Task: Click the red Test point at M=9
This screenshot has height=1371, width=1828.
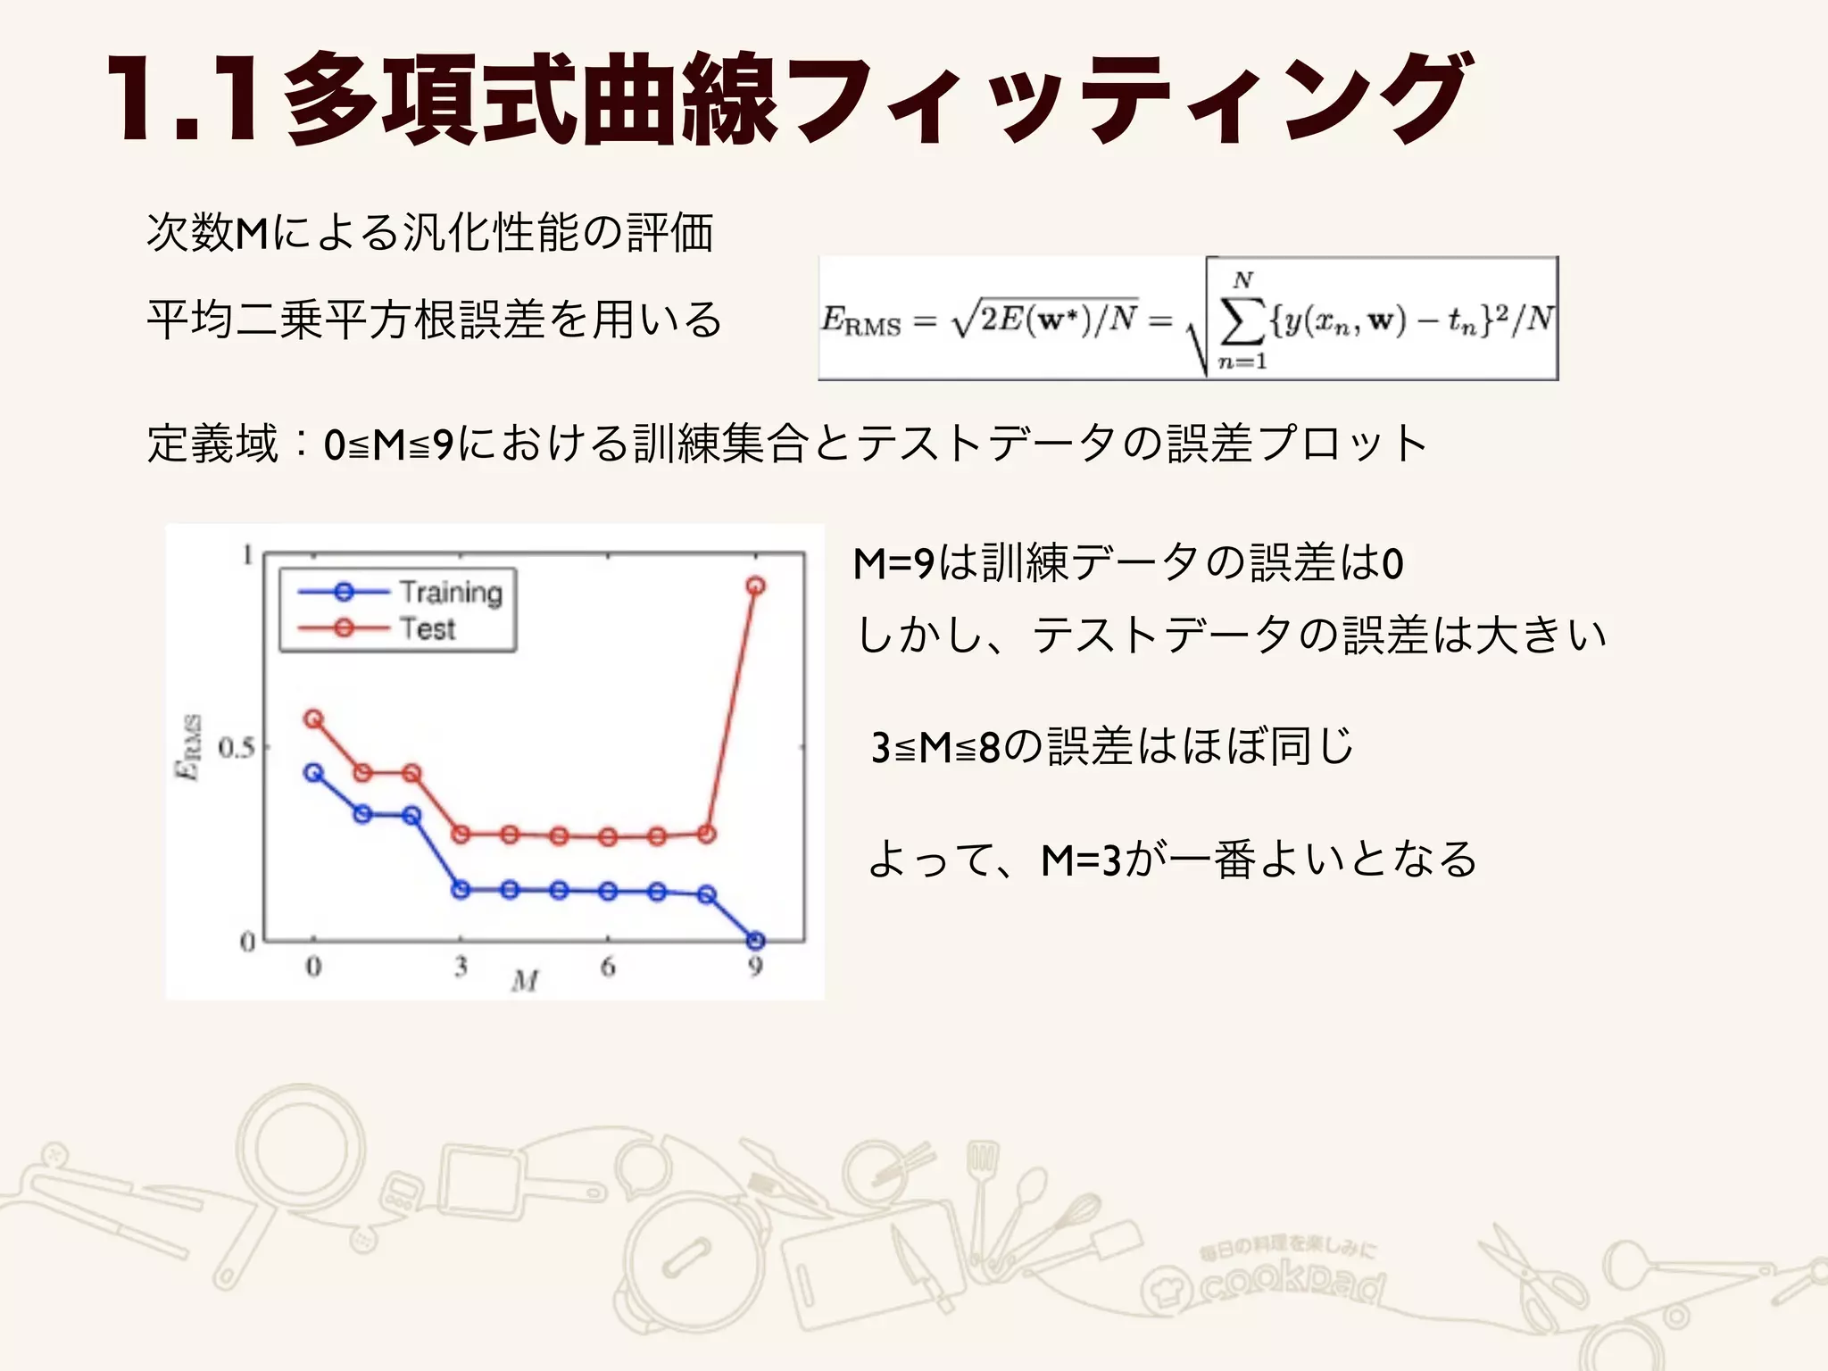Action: [x=755, y=586]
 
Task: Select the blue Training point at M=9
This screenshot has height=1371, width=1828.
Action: [x=755, y=941]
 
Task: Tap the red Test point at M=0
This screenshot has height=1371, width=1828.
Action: [x=313, y=719]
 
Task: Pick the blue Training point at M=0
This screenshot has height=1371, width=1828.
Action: [x=313, y=773]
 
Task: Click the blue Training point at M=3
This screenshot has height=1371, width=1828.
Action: [x=461, y=890]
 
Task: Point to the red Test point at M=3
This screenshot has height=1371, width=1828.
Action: [x=461, y=835]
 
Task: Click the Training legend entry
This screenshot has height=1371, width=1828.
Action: [x=450, y=592]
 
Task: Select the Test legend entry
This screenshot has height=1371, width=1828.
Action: [x=427, y=628]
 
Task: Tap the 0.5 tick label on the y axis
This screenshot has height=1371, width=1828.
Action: [x=236, y=747]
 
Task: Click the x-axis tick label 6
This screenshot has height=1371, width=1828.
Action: [x=608, y=967]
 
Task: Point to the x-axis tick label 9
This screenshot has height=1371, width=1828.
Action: [x=755, y=967]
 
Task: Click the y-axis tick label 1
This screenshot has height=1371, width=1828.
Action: [x=247, y=556]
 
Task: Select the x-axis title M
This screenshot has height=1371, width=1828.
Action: [x=526, y=982]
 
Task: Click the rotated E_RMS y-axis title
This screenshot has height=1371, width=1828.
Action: [x=188, y=748]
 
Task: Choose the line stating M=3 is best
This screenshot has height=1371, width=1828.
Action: [x=1172, y=860]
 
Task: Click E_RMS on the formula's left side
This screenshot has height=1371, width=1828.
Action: [x=860, y=320]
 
